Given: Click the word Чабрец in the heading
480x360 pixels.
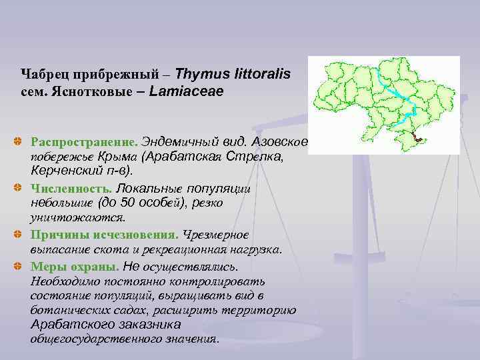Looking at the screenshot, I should [x=43, y=73].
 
